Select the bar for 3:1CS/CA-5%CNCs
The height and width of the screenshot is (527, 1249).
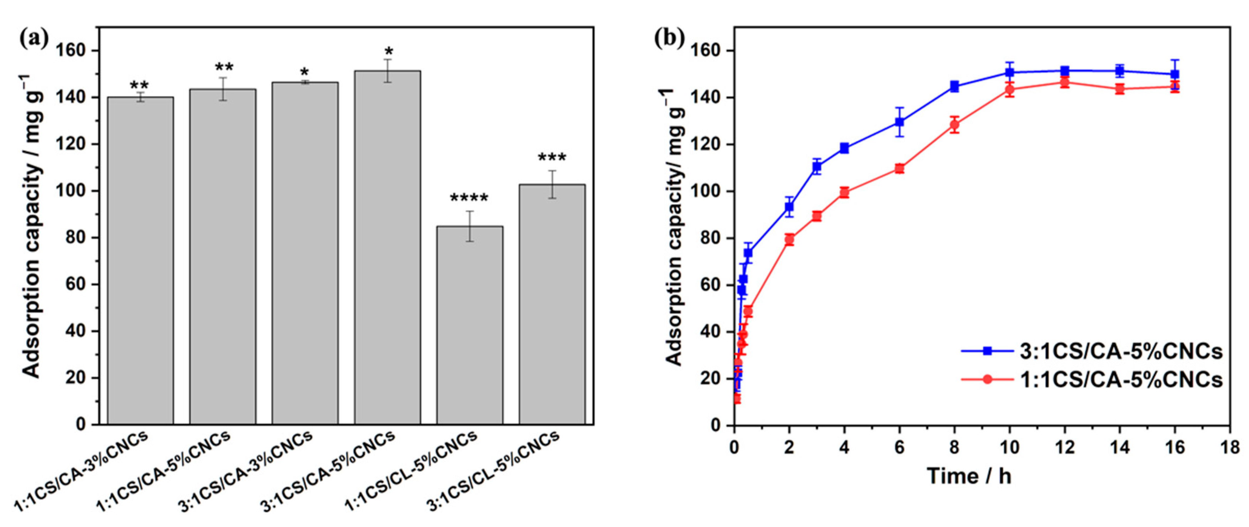click(x=387, y=247)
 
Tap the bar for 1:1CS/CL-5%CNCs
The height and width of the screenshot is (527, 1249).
click(x=469, y=325)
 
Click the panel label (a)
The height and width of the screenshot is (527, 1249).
click(x=34, y=38)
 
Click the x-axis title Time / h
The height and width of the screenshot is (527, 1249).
click(x=969, y=476)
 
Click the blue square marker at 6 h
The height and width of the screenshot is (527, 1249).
click(x=899, y=122)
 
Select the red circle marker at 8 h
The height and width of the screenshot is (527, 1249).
click(x=954, y=124)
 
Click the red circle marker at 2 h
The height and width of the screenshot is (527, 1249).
click(x=789, y=239)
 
